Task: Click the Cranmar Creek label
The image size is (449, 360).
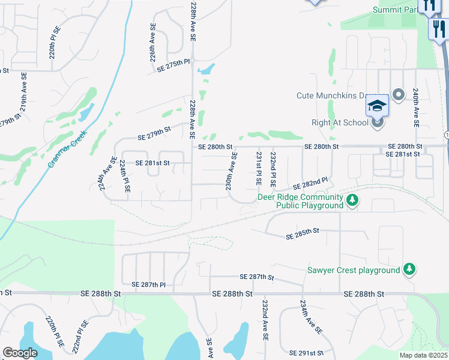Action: coord(68,148)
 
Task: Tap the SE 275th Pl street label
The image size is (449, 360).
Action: coord(173,65)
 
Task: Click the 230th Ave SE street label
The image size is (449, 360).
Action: coord(231,171)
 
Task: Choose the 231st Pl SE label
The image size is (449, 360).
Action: coord(259,168)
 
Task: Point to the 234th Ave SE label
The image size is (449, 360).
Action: coord(311,317)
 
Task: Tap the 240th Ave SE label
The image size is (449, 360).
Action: coord(415,107)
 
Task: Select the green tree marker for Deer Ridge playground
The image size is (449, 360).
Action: coord(353,200)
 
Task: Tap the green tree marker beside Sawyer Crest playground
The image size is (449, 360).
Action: coord(409,269)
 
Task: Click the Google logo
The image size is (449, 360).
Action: coord(19,353)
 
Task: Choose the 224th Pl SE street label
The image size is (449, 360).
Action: coord(125,176)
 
